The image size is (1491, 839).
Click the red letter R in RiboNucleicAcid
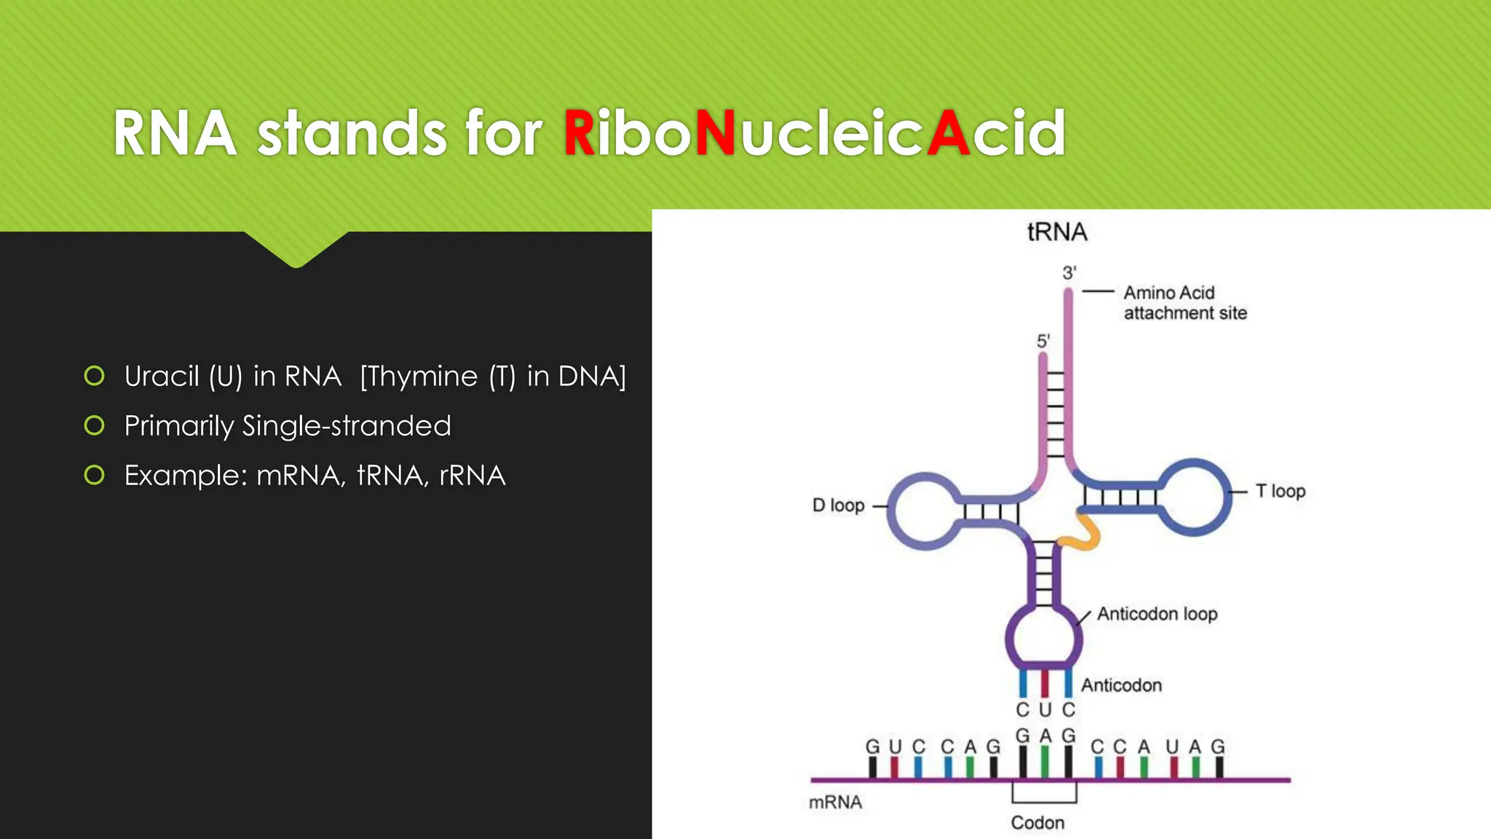[x=580, y=133]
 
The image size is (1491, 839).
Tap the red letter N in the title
[x=715, y=133]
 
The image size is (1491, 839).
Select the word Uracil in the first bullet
[x=161, y=377]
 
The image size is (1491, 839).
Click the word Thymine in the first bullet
[x=419, y=377]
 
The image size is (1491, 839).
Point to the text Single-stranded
[x=347, y=426]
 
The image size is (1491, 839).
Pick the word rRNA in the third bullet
[x=472, y=476]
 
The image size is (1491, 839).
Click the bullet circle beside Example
[x=94, y=476]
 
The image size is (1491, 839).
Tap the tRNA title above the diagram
[x=1057, y=232]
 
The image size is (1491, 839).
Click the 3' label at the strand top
[x=1069, y=273]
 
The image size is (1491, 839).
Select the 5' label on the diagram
[x=1043, y=341]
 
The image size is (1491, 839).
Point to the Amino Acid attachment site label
[x=1184, y=303]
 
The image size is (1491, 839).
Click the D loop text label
[x=838, y=505]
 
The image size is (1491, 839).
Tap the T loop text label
[x=1281, y=491]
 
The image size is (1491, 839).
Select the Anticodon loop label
[x=1157, y=614]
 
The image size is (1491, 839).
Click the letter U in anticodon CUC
[x=1045, y=710]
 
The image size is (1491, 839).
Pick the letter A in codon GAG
[x=1045, y=736]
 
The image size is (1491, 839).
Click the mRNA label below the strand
[x=835, y=803]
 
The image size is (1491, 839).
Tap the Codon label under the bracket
[x=1037, y=823]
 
